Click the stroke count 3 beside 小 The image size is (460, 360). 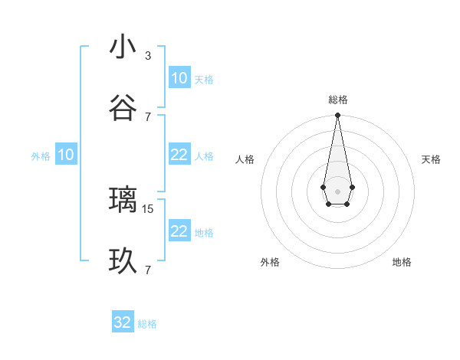coord(148,55)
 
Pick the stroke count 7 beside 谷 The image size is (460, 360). coord(148,116)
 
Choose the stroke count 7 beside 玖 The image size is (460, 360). coord(148,270)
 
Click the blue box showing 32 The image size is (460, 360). coord(123,322)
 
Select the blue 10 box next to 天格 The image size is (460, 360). coord(179,78)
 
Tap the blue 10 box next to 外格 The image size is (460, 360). coord(66,155)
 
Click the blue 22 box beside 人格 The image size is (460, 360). coord(179,155)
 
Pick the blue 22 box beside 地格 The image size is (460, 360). coord(179,232)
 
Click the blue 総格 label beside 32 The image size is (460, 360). coord(147,324)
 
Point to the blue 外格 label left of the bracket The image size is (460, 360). coord(41,156)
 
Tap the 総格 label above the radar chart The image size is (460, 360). coord(337,100)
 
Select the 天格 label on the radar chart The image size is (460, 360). coord(431,159)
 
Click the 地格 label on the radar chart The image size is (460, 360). coord(402,262)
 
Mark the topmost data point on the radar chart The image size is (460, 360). coord(337,115)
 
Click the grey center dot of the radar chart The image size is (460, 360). coord(337,190)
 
